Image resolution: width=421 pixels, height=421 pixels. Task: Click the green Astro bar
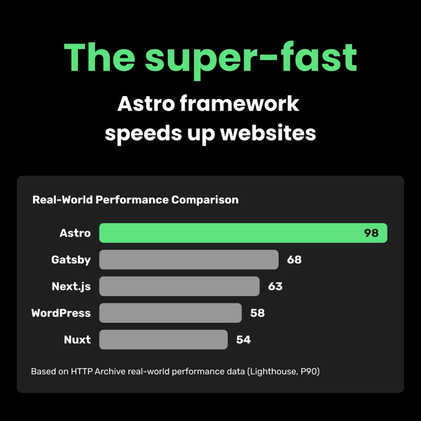243,233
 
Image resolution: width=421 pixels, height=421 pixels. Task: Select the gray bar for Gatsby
189,259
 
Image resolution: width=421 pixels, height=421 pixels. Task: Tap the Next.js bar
180,286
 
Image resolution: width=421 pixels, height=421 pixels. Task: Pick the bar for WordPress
170,313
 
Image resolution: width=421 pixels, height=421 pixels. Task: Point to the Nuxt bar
163,339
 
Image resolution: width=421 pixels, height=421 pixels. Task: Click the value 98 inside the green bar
371,233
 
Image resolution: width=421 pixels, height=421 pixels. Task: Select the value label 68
294,259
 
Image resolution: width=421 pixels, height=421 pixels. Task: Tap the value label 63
276,286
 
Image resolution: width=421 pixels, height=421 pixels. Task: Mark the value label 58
258,313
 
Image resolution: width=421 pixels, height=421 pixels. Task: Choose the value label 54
243,340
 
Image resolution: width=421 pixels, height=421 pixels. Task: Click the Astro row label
75,233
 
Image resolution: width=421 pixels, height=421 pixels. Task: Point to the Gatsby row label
71,260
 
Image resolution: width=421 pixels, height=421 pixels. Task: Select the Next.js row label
71,287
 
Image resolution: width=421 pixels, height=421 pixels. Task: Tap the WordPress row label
61,313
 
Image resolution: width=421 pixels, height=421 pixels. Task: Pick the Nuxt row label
77,340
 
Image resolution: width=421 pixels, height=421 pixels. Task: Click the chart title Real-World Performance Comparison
136,200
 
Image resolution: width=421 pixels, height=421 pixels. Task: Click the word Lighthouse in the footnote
273,371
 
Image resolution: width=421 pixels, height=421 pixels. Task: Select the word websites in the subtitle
268,133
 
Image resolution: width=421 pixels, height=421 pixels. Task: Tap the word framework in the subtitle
239,103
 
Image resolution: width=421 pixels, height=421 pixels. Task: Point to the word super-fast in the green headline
251,59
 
